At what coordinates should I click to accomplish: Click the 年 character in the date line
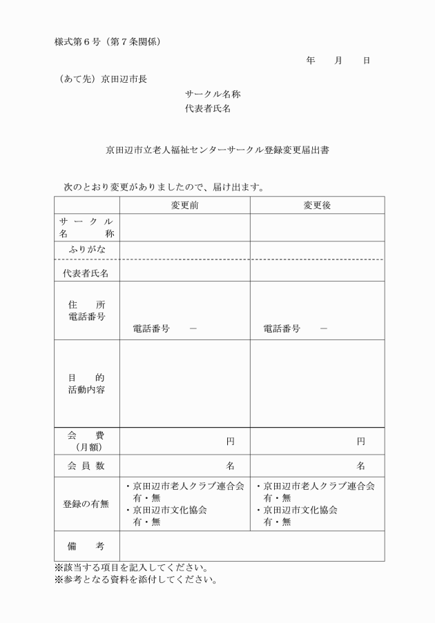[x=311, y=61]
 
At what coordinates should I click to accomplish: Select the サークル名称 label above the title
[x=213, y=94]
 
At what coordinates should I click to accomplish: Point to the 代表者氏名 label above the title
[x=208, y=109]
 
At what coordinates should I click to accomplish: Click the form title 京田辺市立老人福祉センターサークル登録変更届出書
[x=217, y=149]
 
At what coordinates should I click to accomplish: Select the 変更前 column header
[x=185, y=205]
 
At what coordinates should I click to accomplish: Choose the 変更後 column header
[x=318, y=205]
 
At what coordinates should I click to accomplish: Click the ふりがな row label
[x=86, y=249]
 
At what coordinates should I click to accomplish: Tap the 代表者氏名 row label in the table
[x=86, y=273]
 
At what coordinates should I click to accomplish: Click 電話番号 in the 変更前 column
[x=151, y=329]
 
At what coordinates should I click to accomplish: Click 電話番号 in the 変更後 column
[x=282, y=329]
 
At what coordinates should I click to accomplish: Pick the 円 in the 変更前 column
[x=231, y=442]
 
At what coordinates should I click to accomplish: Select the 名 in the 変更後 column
[x=361, y=466]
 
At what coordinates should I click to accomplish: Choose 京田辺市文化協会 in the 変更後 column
[x=300, y=511]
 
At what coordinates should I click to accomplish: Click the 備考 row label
[x=86, y=546]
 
